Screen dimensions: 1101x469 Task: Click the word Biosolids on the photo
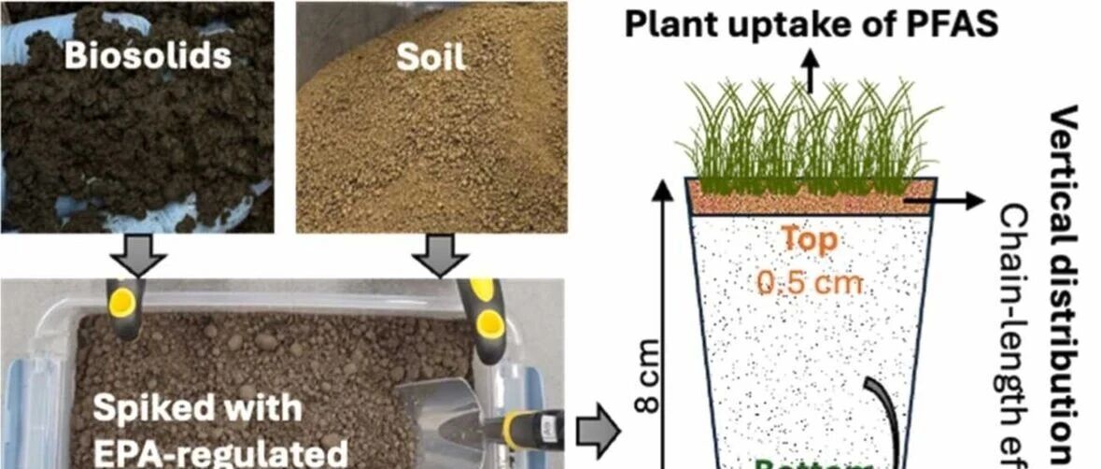[147, 56]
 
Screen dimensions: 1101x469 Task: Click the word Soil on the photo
[431, 56]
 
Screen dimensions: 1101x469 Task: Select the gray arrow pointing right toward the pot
[598, 431]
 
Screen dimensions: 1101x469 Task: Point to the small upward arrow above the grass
[810, 76]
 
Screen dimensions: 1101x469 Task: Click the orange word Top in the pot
[811, 240]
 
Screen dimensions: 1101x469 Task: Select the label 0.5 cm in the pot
[811, 281]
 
